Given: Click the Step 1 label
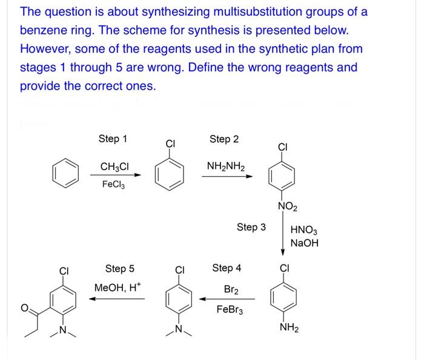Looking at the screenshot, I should click(x=113, y=139).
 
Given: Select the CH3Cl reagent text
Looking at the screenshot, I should click(x=113, y=166).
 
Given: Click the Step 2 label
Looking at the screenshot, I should click(x=224, y=139).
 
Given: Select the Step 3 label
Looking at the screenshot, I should click(x=251, y=227).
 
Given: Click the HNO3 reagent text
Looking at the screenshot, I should click(x=304, y=231).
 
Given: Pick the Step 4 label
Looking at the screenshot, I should click(x=227, y=267).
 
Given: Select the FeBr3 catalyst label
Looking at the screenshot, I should click(x=231, y=309).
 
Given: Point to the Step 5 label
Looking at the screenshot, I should click(x=120, y=268).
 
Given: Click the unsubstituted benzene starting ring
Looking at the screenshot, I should click(x=66, y=173).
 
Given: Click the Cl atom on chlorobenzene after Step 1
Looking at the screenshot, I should click(x=170, y=145).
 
